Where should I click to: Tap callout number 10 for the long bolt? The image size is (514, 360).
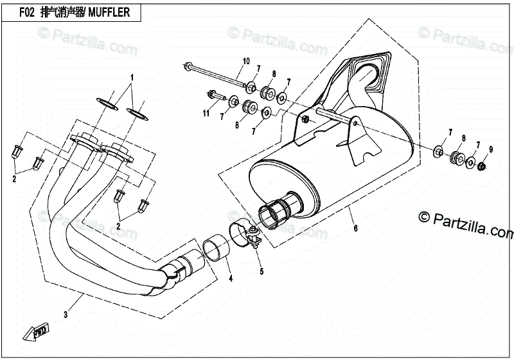[x=245, y=62]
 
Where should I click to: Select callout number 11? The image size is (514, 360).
[x=206, y=114]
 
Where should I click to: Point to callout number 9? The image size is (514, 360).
[x=490, y=149]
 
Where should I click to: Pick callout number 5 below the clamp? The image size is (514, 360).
[x=261, y=271]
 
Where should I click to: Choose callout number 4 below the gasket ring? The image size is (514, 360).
[x=231, y=278]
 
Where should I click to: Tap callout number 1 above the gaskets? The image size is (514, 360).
[x=132, y=76]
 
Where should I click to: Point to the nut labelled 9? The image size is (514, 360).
[x=481, y=168]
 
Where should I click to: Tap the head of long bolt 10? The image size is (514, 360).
[x=187, y=65]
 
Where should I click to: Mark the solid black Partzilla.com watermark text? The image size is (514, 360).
[x=466, y=226]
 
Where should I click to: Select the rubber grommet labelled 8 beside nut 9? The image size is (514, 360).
[x=457, y=157]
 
